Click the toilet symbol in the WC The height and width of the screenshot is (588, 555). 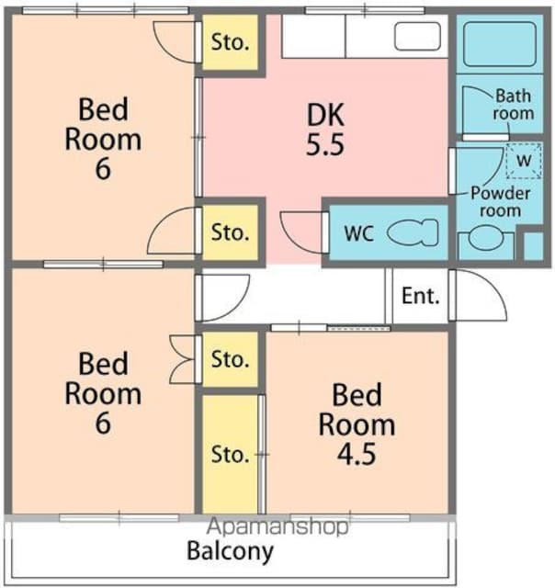(413, 232)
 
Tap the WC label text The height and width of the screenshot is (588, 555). (359, 233)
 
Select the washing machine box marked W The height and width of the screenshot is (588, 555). (524, 161)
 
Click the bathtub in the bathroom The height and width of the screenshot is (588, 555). (500, 44)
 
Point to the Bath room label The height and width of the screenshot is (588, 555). (514, 104)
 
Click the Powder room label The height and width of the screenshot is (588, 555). (500, 202)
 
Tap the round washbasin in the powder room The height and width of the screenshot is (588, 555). (486, 238)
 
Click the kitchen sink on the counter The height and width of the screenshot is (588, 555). (417, 36)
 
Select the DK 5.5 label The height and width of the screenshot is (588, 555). (324, 130)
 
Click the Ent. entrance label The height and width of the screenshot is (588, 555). (420, 296)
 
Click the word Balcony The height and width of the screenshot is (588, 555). (231, 552)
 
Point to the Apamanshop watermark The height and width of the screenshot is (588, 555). (277, 526)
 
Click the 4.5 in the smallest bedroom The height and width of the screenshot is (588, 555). (357, 454)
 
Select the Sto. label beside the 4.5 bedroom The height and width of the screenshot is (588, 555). (230, 455)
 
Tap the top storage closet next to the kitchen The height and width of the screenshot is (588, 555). (231, 42)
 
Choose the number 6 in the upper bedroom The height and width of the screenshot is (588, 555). (103, 169)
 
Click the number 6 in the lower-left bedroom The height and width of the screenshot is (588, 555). (103, 423)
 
